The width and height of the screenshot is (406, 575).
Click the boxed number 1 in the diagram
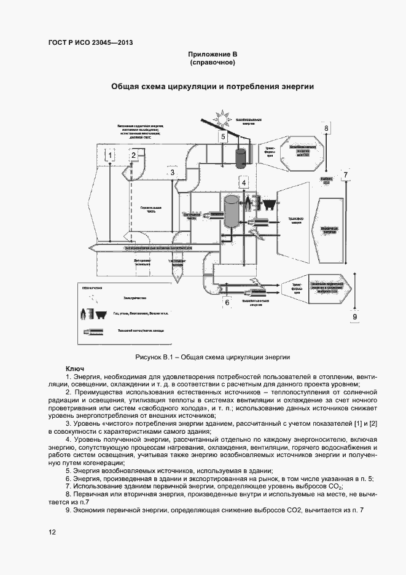(109, 157)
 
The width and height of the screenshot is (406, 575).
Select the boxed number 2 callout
(133, 155)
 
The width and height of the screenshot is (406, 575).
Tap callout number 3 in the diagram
(173, 173)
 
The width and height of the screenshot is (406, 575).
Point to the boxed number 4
(243, 182)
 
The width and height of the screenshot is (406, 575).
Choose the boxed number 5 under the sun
(224, 136)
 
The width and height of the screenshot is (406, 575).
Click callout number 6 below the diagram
(227, 302)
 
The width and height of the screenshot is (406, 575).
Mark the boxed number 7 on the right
(346, 175)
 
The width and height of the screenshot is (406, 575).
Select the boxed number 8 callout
(327, 128)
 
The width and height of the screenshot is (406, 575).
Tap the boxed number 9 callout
(354, 316)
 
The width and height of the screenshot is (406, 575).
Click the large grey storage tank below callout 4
(232, 212)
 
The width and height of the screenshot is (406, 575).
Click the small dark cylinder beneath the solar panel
(241, 156)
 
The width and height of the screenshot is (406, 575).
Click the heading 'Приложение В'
(213, 54)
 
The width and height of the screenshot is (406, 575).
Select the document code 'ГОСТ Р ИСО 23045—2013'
(90, 42)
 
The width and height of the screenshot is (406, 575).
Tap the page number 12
(52, 532)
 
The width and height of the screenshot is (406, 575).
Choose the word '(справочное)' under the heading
(213, 63)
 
